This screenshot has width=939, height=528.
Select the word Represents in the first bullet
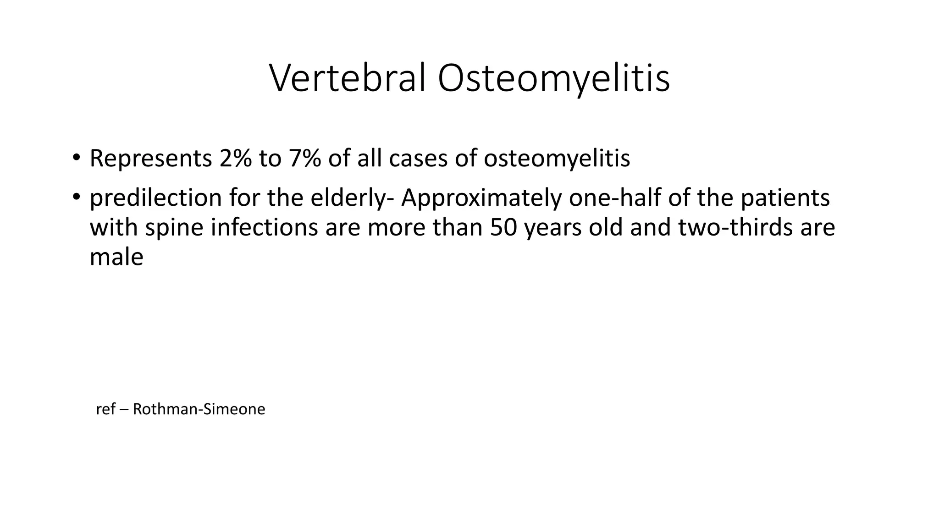pyautogui.click(x=150, y=159)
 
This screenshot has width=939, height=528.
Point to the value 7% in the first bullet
pyautogui.click(x=304, y=159)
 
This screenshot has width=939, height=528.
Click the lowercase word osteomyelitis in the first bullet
pyautogui.click(x=557, y=159)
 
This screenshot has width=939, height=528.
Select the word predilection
pyautogui.click(x=155, y=198)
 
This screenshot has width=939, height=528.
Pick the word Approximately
pyautogui.click(x=481, y=198)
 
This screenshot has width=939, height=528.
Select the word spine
pyautogui.click(x=174, y=227)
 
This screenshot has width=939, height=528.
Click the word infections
pyautogui.click(x=264, y=227)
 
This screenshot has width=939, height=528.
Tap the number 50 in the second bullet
pyautogui.click(x=503, y=227)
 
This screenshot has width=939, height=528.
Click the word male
pyautogui.click(x=116, y=257)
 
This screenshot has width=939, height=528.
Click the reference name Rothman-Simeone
pyautogui.click(x=199, y=409)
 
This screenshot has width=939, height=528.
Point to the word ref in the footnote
pyautogui.click(x=105, y=409)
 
